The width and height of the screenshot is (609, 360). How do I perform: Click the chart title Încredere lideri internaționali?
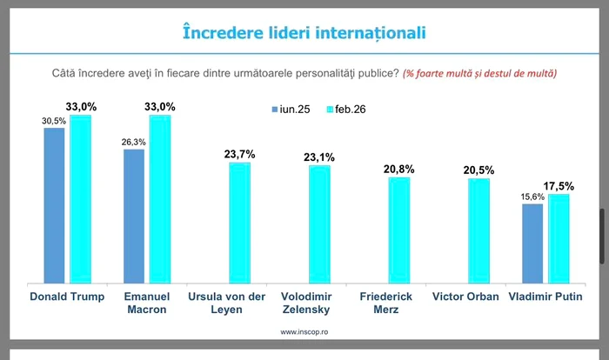pos(304,32)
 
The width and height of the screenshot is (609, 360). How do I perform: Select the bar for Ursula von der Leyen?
pos(239,223)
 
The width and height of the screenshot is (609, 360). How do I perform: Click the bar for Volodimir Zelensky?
pos(319,224)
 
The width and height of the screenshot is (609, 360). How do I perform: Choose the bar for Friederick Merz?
pos(399,230)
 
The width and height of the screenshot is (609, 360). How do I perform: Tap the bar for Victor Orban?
pos(478,230)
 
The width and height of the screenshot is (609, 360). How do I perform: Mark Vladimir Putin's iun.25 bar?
pos(532,243)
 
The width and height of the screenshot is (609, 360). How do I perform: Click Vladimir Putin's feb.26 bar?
pos(559,238)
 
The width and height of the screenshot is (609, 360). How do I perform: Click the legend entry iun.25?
pos(290,110)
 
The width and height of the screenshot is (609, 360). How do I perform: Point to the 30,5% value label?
pos(54,122)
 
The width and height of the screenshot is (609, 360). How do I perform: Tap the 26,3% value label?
pos(134,142)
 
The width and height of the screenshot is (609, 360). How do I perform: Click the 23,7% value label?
pos(240,154)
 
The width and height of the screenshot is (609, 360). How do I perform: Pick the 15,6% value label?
pos(532,197)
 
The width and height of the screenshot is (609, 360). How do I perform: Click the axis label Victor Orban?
pos(466,297)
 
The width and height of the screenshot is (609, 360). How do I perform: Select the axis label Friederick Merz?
pos(385,303)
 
